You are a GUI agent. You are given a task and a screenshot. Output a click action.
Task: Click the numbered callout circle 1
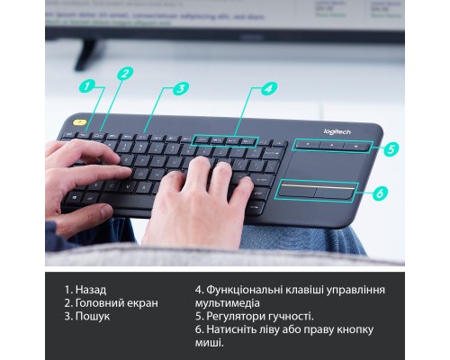click(87, 87)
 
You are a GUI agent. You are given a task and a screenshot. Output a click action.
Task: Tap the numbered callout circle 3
click(180, 88)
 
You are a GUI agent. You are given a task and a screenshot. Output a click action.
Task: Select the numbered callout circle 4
click(267, 88)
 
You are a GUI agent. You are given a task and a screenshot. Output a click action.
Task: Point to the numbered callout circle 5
click(391, 149)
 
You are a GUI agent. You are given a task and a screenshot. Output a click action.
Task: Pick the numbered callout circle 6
click(380, 193)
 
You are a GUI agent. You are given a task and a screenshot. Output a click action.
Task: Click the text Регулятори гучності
click(261, 316)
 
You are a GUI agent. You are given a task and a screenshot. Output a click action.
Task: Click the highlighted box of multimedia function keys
click(226, 141)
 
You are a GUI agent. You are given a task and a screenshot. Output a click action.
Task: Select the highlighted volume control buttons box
click(331, 145)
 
